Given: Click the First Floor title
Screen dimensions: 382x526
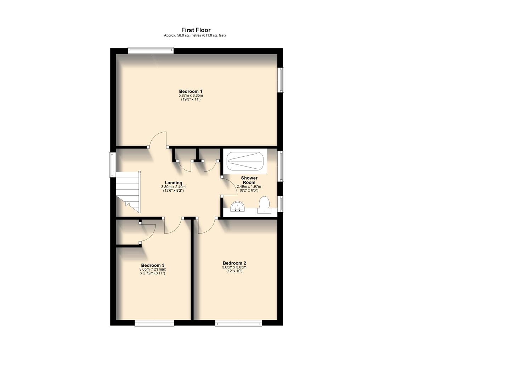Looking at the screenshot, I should pyautogui.click(x=196, y=30).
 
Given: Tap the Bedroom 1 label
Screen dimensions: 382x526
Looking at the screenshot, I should pyautogui.click(x=191, y=91).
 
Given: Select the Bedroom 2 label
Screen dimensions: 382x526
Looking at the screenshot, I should pyautogui.click(x=234, y=263).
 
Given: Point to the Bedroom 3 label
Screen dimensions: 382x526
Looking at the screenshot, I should pyautogui.click(x=153, y=265).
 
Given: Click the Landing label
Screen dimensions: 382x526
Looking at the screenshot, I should pyautogui.click(x=173, y=183).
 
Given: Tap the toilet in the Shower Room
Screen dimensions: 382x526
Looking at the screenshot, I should pyautogui.click(x=264, y=205).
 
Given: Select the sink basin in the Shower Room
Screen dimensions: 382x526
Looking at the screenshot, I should pyautogui.click(x=237, y=207).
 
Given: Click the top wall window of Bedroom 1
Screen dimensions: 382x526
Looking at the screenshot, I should pyautogui.click(x=151, y=51).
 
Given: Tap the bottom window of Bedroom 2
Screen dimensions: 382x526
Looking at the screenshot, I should pyautogui.click(x=238, y=323).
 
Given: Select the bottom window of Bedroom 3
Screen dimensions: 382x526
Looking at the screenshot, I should pyautogui.click(x=154, y=323).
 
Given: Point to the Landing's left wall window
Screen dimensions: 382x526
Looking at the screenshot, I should pyautogui.click(x=112, y=164).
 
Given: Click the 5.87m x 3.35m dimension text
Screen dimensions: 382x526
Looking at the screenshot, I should pyautogui.click(x=191, y=95).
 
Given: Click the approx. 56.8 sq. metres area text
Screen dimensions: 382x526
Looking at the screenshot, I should pyautogui.click(x=195, y=35).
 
